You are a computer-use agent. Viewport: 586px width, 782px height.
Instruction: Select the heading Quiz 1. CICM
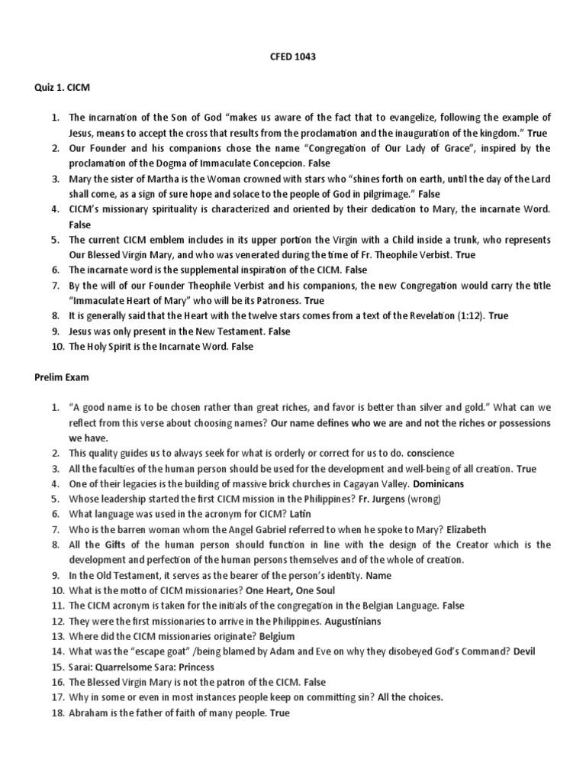tap(61, 87)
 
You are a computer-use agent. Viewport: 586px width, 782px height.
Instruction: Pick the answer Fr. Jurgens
tap(372, 499)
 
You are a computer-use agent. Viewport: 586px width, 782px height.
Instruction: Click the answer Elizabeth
tap(466, 529)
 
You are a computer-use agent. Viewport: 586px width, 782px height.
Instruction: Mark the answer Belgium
tap(277, 636)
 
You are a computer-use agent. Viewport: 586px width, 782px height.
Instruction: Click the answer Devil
tap(524, 651)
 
